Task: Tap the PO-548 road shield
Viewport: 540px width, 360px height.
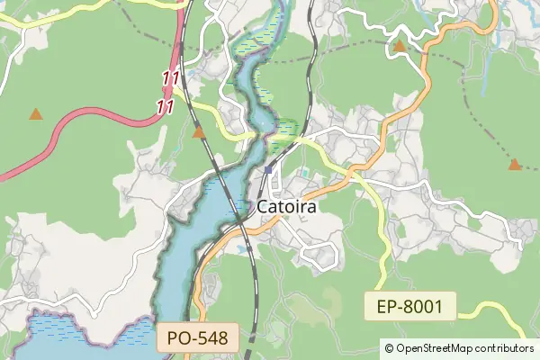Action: click(198, 338)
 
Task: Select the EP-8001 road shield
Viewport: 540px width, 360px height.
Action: click(409, 307)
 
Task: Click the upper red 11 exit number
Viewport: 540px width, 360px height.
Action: click(170, 79)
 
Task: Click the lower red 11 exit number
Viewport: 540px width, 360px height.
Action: click(165, 106)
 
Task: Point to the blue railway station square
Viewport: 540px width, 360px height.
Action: click(268, 169)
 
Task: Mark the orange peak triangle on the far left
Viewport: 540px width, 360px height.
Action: click(35, 114)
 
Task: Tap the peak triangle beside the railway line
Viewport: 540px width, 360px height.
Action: click(199, 133)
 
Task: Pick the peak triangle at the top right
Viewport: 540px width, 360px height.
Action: click(399, 45)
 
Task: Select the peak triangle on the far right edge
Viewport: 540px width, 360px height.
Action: click(514, 165)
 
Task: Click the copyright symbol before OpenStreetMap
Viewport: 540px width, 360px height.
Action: click(389, 347)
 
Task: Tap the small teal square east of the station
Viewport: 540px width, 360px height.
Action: click(303, 172)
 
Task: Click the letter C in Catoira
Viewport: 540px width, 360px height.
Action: click(264, 206)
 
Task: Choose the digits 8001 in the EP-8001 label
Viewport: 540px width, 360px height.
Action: click(423, 307)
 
